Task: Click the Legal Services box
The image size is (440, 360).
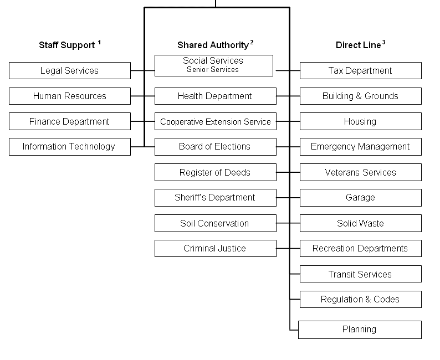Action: click(x=70, y=71)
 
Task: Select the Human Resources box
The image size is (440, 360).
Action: click(x=70, y=96)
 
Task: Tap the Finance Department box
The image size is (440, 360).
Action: click(x=70, y=121)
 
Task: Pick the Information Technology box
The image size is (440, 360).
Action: click(x=70, y=147)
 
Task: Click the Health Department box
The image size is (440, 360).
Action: click(x=216, y=96)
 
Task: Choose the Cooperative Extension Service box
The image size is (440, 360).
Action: click(x=216, y=121)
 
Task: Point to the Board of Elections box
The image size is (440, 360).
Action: click(x=216, y=147)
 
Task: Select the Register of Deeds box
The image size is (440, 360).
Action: click(x=216, y=172)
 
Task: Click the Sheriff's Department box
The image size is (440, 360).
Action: click(x=216, y=198)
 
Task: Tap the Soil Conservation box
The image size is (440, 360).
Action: click(x=216, y=223)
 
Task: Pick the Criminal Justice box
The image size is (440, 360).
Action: click(x=216, y=249)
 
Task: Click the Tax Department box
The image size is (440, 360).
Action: click(x=361, y=71)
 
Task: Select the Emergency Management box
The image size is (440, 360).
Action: click(x=361, y=147)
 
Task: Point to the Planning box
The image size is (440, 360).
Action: click(x=360, y=330)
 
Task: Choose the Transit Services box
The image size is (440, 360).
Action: click(x=361, y=274)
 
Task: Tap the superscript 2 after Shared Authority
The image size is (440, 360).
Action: click(x=252, y=42)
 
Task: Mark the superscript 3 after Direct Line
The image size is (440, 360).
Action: click(x=383, y=42)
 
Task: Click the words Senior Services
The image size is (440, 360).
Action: click(x=213, y=70)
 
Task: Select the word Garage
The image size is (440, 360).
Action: click(x=360, y=198)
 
